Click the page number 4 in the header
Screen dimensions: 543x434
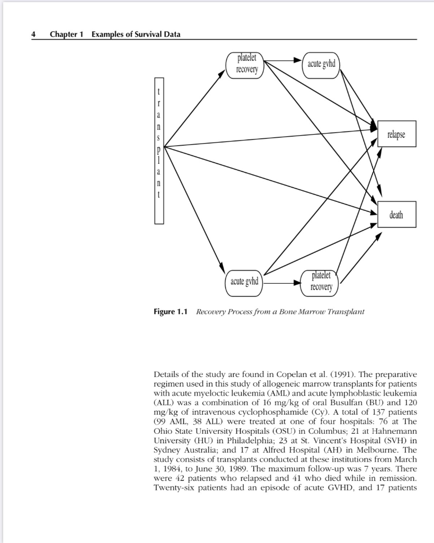33,34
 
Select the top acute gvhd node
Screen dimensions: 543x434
321,64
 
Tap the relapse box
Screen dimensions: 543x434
396,134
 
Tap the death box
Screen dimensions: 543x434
396,215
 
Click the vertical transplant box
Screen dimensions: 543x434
159,151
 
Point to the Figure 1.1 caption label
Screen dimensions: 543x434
171,312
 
